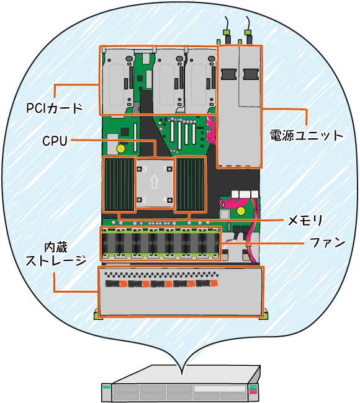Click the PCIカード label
coord(54,108)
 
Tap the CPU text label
coord(55,141)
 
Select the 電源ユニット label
coord(307,135)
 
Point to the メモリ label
coord(305,220)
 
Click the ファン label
coord(327,242)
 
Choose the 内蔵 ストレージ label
coord(56,254)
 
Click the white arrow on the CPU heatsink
coord(154,182)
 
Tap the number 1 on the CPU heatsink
coord(165,169)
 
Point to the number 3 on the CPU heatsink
coord(145,169)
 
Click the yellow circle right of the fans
coord(241,211)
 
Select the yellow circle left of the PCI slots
coord(120,149)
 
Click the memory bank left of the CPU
coord(119,184)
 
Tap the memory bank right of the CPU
coord(190,184)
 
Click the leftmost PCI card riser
coord(119,80)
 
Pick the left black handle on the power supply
coord(228,74)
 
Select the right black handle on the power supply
coord(251,74)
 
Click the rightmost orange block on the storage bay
coord(214,283)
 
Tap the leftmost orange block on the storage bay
coord(124,284)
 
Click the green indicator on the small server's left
coord(106,387)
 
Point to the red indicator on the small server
coord(253,392)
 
